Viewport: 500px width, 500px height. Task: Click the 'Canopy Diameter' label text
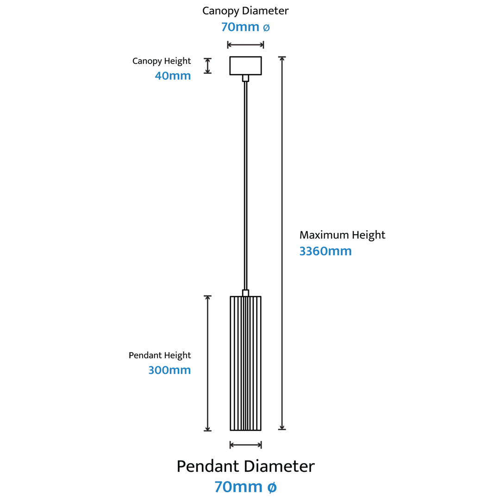point(245,11)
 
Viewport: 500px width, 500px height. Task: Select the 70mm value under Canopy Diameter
point(240,27)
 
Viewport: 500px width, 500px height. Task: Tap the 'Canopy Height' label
point(162,61)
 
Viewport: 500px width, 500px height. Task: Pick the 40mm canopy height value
point(173,76)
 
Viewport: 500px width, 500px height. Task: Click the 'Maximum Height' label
point(342,235)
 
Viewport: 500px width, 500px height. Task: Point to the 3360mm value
point(325,251)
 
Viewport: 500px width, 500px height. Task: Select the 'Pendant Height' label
point(160,355)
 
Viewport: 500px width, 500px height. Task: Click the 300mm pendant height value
point(169,370)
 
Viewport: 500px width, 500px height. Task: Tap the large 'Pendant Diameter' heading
point(245,466)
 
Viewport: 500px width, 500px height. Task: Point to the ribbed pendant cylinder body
point(245,363)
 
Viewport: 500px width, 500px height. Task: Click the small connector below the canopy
point(245,78)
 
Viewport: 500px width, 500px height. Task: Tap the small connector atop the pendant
point(245,293)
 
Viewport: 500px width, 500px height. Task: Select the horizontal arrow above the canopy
point(245,44)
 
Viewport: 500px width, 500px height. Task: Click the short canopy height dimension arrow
point(207,66)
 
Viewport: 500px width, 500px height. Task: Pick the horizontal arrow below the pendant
point(245,445)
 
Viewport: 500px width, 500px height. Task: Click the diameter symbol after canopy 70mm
point(266,28)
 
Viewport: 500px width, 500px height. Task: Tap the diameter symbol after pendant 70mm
point(272,487)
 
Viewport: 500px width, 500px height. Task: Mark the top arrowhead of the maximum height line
point(282,58)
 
